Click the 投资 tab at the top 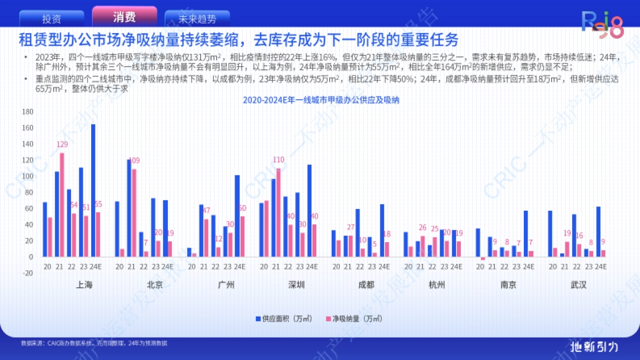(52, 19)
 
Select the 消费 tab (124, 17)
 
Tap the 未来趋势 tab (197, 19)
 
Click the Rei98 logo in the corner (602, 26)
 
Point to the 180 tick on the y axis (27, 111)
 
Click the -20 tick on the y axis (27, 273)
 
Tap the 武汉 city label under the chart (578, 285)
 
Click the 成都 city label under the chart (366, 285)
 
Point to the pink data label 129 (62, 144)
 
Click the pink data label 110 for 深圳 (278, 159)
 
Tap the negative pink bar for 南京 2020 (483, 259)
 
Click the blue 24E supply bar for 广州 (237, 215)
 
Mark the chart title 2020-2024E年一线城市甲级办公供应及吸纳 (321, 100)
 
